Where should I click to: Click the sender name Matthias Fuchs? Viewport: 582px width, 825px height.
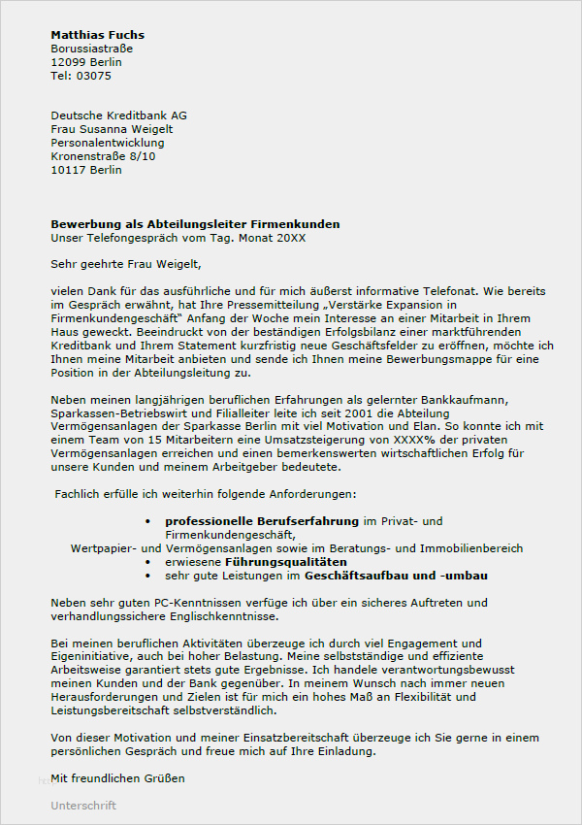click(97, 35)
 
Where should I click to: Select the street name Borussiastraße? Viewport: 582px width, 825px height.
click(92, 49)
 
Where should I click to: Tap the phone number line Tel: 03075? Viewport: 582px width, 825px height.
click(81, 76)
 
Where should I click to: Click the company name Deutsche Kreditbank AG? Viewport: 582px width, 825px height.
click(118, 115)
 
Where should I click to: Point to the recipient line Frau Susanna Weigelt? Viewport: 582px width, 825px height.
click(112, 129)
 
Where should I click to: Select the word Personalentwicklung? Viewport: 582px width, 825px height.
click(108, 143)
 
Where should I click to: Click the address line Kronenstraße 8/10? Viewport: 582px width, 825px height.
click(103, 156)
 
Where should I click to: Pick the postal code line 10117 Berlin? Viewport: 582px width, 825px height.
click(86, 170)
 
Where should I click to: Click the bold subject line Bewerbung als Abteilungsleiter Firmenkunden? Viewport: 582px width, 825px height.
click(195, 224)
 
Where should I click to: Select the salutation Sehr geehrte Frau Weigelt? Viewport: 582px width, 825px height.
click(126, 263)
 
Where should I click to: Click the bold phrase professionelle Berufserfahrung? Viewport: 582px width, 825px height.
click(262, 521)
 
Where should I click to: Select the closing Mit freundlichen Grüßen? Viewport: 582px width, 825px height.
click(117, 778)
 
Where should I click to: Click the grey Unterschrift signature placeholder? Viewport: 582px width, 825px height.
click(83, 806)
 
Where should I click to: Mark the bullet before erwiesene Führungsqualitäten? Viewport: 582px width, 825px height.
click(147, 562)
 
